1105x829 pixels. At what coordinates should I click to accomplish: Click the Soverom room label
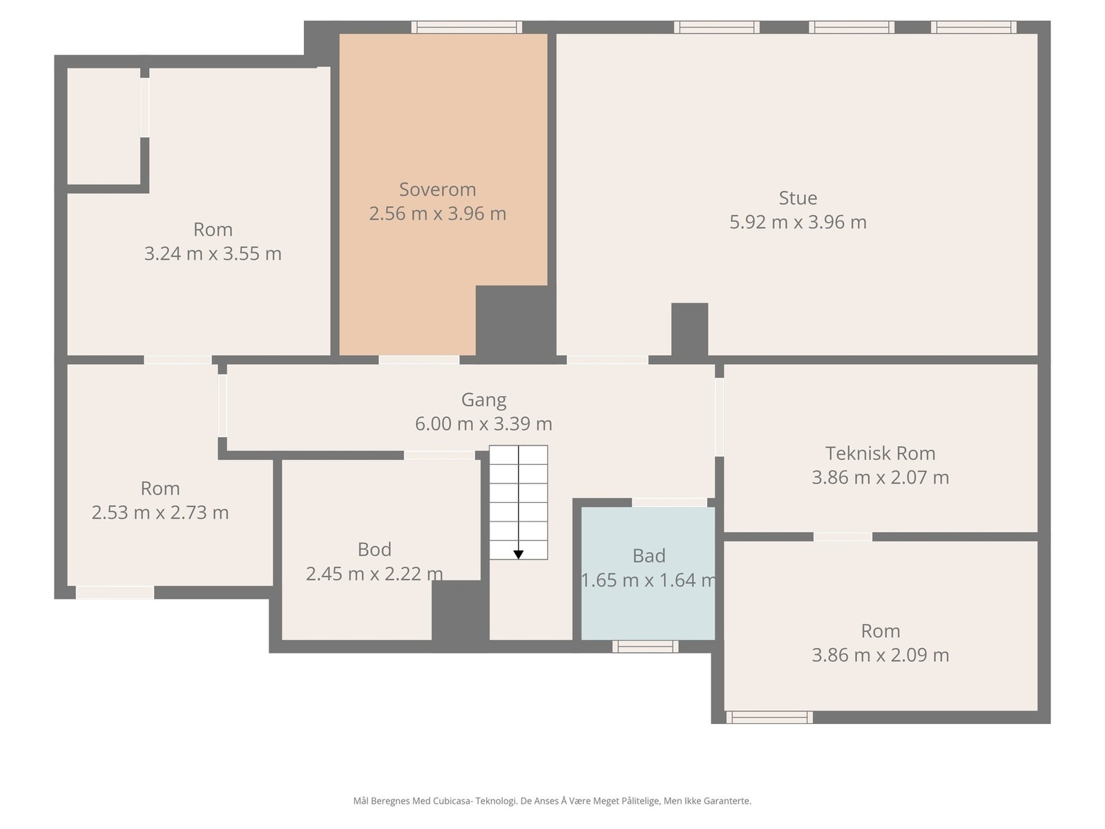[x=437, y=190]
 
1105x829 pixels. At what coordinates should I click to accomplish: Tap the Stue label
[x=798, y=198]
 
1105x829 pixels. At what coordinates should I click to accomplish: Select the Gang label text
[x=484, y=400]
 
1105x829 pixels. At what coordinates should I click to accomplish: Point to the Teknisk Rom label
[x=880, y=453]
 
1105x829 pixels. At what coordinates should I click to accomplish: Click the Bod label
[x=374, y=549]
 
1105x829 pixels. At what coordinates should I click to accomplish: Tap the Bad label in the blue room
[x=649, y=555]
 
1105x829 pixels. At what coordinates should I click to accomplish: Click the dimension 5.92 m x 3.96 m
[x=798, y=222]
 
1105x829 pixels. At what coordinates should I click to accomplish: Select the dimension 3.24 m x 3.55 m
[x=213, y=253]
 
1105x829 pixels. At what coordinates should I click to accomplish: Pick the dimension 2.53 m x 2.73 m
[x=160, y=513]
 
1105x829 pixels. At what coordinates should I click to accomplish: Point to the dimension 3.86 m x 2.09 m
[x=880, y=655]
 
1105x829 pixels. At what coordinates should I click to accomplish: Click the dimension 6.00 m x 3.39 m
[x=484, y=423]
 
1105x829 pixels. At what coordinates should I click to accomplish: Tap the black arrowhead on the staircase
[x=519, y=555]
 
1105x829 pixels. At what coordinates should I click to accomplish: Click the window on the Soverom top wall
[x=467, y=27]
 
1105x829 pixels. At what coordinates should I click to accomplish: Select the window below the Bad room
[x=645, y=647]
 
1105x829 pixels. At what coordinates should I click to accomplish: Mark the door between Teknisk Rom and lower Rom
[x=843, y=537]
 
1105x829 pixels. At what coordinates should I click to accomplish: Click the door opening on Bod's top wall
[x=439, y=455]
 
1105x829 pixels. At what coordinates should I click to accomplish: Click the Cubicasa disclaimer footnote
[x=552, y=801]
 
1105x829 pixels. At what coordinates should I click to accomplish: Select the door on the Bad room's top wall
[x=669, y=502]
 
